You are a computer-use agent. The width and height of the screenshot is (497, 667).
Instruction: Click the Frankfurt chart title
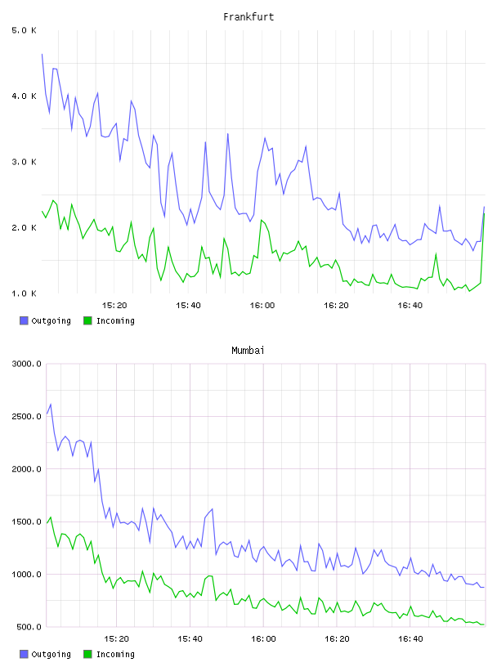248,17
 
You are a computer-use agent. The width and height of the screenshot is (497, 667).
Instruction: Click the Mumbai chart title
248,351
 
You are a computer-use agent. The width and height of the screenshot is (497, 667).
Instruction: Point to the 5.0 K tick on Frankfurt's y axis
25,30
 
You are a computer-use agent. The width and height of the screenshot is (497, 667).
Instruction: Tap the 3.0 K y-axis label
25,162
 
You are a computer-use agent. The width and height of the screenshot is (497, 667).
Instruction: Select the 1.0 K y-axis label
25,293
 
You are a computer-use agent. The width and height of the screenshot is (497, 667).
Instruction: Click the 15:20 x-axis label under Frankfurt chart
114,306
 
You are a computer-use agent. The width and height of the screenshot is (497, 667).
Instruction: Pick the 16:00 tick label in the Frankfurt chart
262,306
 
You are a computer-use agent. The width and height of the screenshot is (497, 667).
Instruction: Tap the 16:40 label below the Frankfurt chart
410,306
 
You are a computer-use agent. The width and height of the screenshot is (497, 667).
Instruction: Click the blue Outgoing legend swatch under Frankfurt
24,320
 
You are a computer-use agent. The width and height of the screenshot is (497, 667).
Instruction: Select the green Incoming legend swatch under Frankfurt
87,320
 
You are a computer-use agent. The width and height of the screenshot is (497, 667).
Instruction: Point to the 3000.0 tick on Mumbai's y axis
27,364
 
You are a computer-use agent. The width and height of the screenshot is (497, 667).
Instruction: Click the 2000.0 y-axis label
27,469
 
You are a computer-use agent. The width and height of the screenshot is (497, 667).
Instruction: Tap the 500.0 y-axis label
29,627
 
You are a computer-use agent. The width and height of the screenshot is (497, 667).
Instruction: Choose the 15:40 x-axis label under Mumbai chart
190,639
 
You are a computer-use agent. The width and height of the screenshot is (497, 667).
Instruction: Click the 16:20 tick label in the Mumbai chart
337,639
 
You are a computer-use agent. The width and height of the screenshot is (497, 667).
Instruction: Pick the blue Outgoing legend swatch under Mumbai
24,654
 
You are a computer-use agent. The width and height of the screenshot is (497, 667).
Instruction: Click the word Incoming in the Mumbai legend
115,654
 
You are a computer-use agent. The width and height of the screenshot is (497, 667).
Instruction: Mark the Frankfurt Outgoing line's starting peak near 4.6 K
43,54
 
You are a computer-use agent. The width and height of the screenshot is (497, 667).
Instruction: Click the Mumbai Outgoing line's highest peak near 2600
51,404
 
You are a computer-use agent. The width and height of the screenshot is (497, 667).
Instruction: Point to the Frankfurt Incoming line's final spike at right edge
484,213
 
